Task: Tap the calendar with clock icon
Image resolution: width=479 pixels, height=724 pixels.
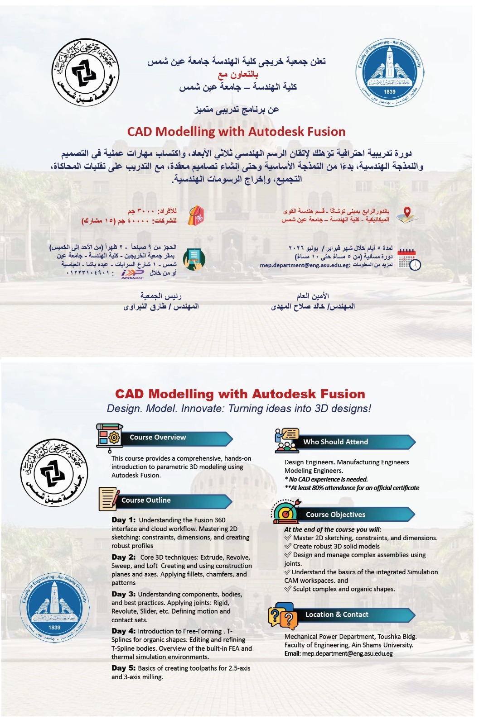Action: pos(409,259)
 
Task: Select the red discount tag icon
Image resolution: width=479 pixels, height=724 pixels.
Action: pos(196,216)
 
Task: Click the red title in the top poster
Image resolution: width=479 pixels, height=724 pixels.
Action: pos(236,132)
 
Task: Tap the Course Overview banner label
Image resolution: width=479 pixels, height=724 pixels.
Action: pos(158,438)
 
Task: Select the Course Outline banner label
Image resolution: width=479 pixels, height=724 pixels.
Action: pos(146,500)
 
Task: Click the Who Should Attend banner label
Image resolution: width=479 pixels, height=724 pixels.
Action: pos(336,442)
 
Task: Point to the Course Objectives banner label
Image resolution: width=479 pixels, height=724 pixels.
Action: pos(335,515)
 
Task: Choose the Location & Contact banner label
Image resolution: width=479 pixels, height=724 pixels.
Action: pos(337,614)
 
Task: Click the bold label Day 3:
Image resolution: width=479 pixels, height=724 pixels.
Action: pos(123,594)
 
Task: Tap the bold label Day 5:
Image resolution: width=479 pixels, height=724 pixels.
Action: pos(123,668)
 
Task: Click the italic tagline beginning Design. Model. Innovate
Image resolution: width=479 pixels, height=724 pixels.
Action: pos(239,409)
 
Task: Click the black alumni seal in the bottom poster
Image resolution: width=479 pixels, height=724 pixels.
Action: pos(54,472)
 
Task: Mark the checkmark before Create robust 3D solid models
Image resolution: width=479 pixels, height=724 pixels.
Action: pos(288,546)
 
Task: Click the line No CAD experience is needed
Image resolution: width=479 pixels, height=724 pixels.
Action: pos(326,479)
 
